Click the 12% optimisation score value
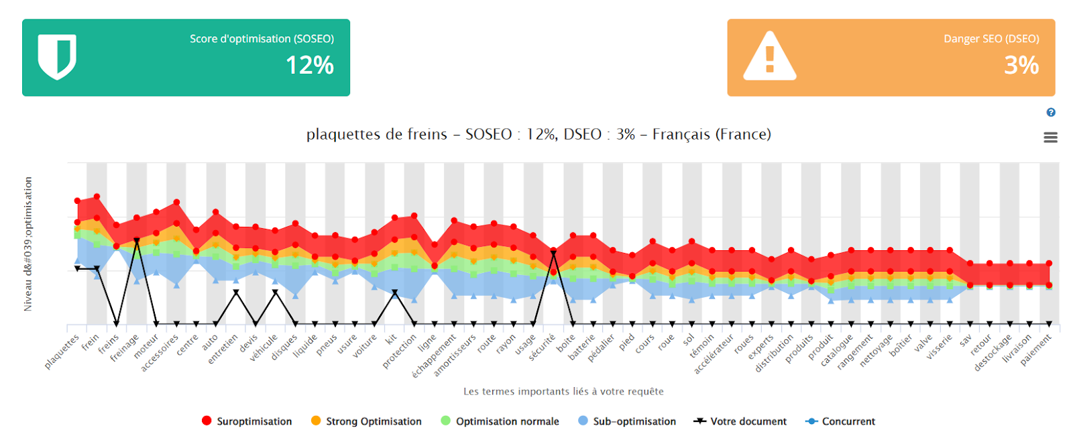coord(309,65)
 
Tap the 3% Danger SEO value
coord(1021,65)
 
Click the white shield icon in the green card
coord(57,57)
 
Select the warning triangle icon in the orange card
coord(769,57)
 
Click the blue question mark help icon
coord(1051,113)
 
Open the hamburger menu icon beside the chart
coord(1050,138)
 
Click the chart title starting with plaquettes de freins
coord(539,134)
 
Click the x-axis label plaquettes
coord(62,352)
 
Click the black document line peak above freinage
coord(136,240)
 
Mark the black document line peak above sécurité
coord(553,253)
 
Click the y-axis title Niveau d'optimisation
coord(28,244)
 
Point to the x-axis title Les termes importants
coord(563,391)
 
